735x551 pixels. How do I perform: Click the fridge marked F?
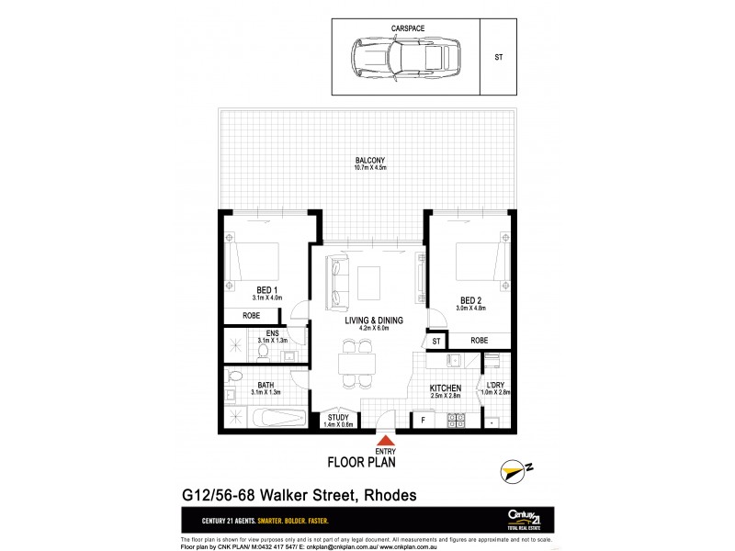[x=422, y=421]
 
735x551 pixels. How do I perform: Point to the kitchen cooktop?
[x=457, y=421]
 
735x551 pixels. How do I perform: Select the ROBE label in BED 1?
[x=252, y=315]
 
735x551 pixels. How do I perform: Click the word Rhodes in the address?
[x=389, y=495]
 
